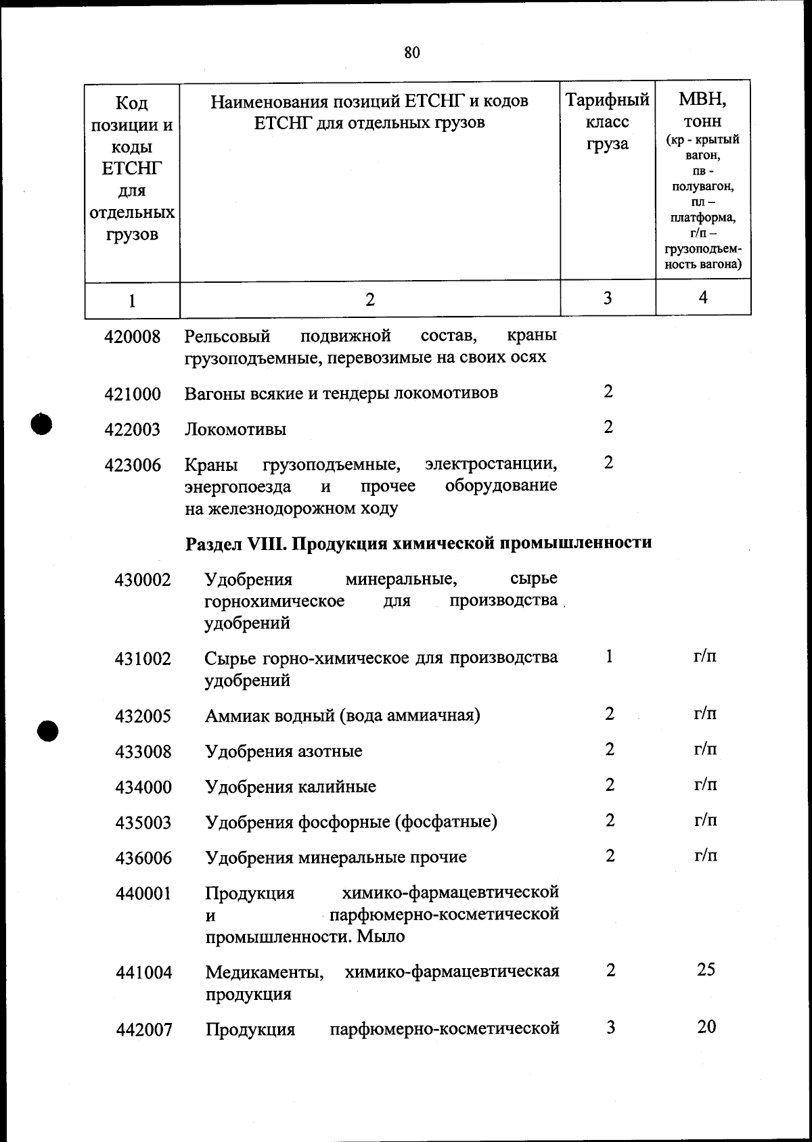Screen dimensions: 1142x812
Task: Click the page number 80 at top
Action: [412, 53]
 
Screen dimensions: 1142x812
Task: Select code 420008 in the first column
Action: [133, 336]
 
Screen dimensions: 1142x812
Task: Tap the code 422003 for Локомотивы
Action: [133, 430]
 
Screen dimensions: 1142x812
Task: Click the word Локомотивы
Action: [235, 430]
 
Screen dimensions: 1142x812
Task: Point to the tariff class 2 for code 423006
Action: [608, 463]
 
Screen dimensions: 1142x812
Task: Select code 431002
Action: [143, 659]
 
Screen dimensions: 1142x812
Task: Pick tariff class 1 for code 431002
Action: [609, 657]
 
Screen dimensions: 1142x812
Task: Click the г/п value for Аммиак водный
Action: [706, 714]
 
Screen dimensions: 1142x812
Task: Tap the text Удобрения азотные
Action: [284, 752]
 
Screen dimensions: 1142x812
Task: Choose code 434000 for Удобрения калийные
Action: [143, 787]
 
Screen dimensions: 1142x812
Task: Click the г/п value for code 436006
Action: [706, 856]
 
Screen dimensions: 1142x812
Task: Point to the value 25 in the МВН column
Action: [706, 970]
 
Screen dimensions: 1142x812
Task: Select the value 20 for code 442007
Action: [706, 1027]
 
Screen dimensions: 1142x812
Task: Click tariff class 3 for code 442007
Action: [610, 1028]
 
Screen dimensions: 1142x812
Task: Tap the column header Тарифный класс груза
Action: [608, 122]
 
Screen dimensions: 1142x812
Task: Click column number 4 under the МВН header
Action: [703, 298]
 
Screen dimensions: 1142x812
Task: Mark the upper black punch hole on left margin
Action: [43, 424]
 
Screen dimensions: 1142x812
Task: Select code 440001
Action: [143, 894]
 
